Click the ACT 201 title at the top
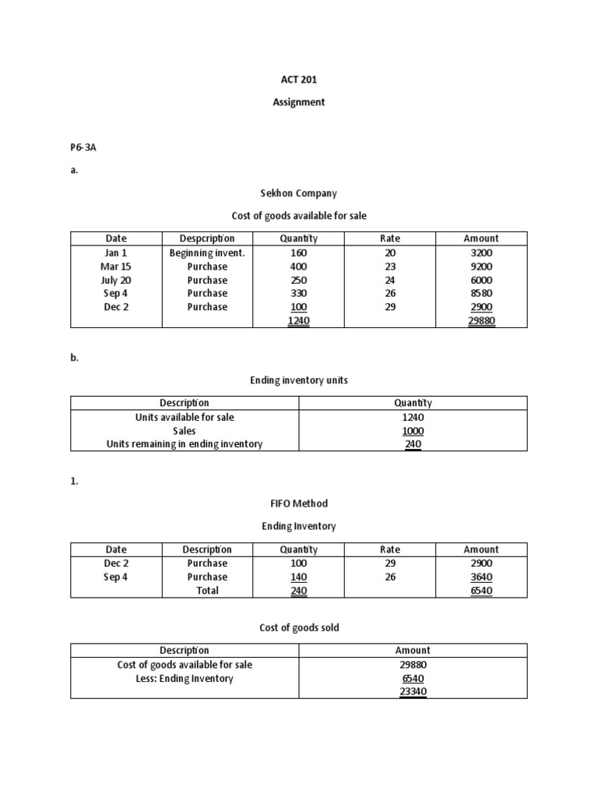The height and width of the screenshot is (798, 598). [298, 80]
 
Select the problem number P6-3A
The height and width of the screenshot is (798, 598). [83, 147]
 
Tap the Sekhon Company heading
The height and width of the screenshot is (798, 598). [298, 192]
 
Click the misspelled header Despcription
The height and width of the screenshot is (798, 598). [207, 238]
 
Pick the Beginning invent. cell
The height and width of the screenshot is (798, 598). [207, 252]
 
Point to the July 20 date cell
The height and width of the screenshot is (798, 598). [116, 280]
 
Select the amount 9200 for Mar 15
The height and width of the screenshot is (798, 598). [481, 267]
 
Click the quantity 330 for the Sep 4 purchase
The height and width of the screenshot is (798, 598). [298, 293]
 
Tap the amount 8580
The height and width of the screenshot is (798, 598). [481, 293]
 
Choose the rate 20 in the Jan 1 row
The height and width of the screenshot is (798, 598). [390, 252]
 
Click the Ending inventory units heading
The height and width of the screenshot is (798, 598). [298, 380]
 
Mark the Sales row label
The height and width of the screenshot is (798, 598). [185, 430]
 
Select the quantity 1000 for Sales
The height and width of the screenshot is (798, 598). [413, 430]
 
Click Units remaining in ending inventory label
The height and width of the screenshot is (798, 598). [185, 443]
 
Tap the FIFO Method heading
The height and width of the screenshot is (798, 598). [298, 503]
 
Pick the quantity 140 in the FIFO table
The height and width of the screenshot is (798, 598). [298, 577]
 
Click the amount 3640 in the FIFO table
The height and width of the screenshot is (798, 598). [481, 577]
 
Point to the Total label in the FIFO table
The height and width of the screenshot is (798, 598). [207, 590]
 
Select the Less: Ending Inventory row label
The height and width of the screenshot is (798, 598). [185, 678]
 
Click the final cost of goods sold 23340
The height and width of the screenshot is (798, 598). [413, 691]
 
